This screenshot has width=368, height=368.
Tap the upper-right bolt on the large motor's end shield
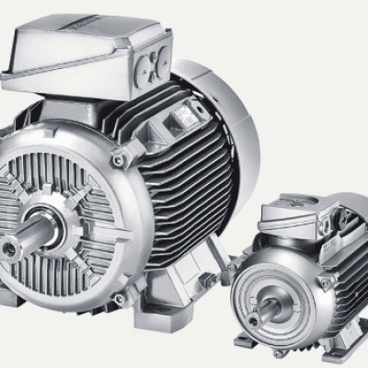116,159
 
